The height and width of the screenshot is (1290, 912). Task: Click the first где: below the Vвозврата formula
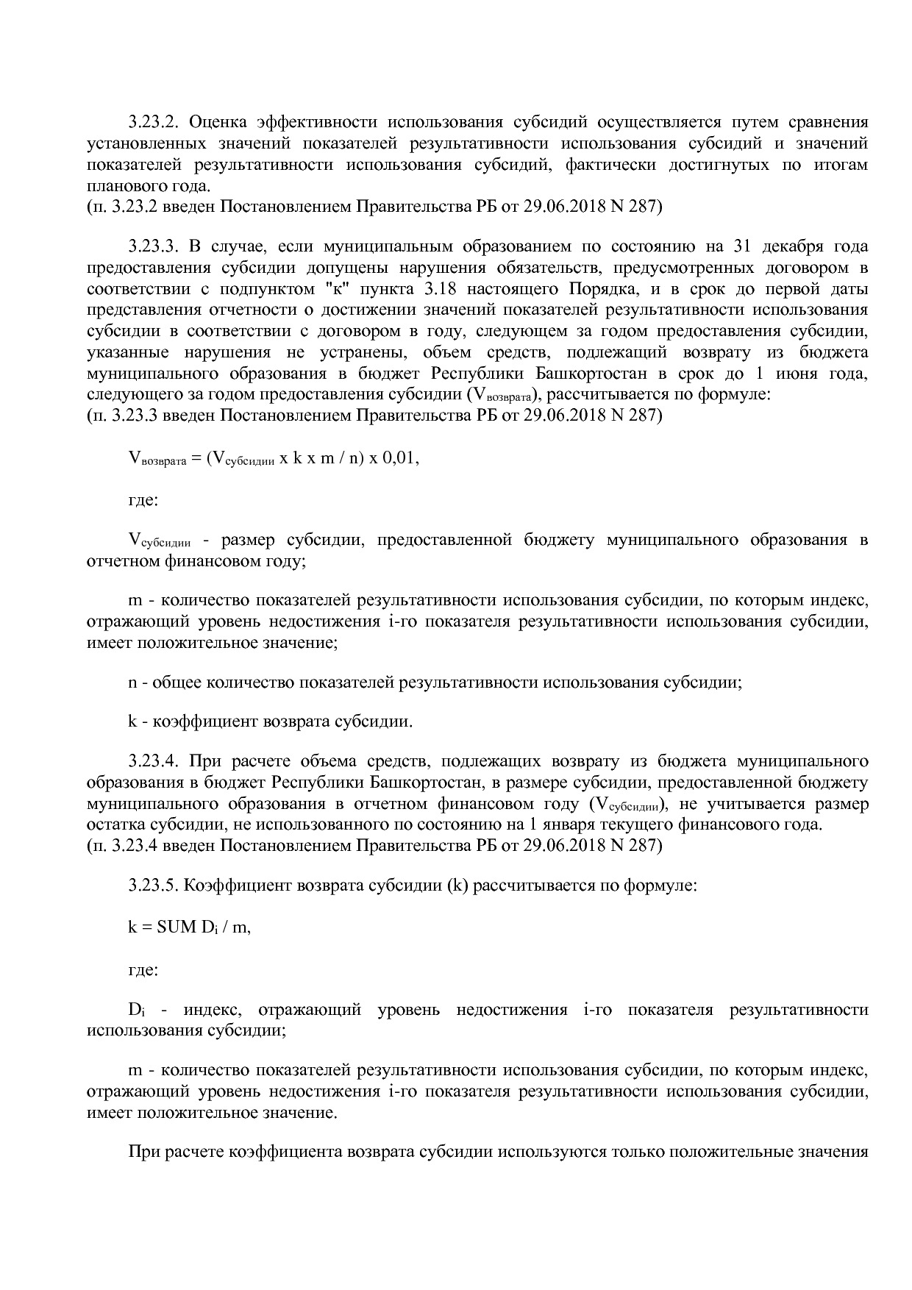tap(143, 500)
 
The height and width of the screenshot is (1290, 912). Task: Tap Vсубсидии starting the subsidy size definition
tap(159, 541)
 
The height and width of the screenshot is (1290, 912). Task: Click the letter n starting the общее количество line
tap(133, 682)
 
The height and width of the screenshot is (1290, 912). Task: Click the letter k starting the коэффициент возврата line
tap(133, 721)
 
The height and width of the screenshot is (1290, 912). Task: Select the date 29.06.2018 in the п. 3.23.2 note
tap(559, 207)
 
